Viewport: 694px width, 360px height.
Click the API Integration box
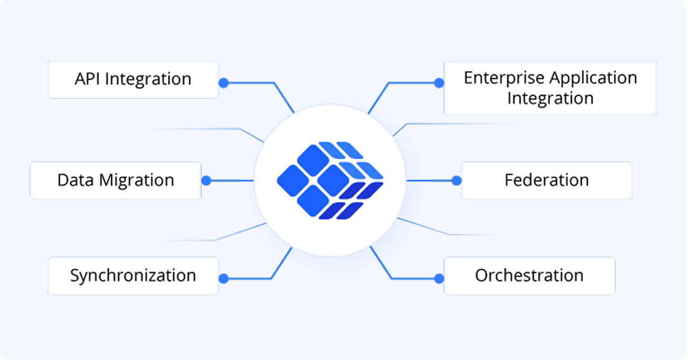coord(132,80)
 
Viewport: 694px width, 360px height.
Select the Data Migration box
coord(115,180)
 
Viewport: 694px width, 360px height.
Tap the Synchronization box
coord(132,276)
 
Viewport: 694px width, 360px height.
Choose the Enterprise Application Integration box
coord(550,88)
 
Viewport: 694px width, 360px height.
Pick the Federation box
coord(546,180)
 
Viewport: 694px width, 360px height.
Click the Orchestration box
coord(529,276)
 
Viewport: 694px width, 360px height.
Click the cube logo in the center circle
coord(330,180)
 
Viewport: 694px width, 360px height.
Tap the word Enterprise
coord(504,78)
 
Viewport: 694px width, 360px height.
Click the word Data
coord(76,180)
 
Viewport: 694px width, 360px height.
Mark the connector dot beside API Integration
coord(223,83)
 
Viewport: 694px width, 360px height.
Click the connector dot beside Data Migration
coord(206,180)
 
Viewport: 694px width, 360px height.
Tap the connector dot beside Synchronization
coord(223,278)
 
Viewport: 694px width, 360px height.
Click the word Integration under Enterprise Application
coord(550,98)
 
